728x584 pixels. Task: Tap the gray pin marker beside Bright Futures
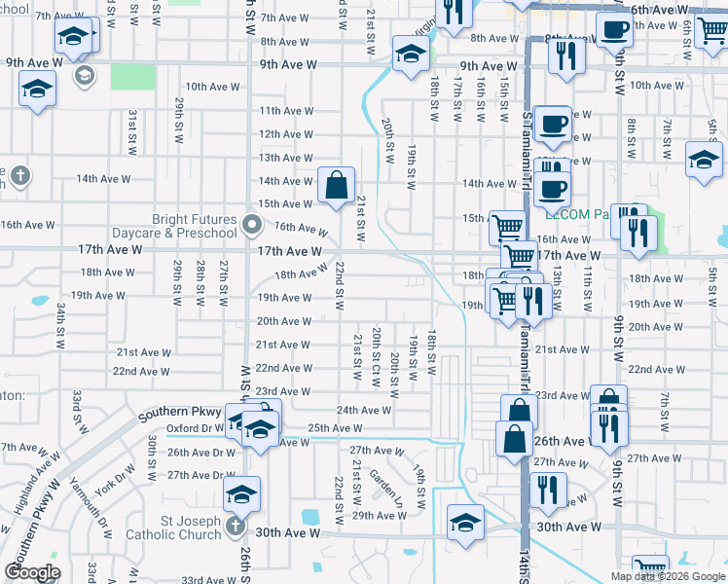click(253, 227)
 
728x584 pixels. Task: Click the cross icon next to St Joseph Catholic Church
click(235, 528)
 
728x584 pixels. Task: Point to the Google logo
click(32, 572)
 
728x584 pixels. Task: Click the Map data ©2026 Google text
click(668, 576)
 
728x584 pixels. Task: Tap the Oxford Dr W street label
click(194, 428)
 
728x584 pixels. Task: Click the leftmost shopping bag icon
click(336, 184)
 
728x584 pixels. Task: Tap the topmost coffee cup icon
click(613, 29)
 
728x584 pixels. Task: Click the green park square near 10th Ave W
click(132, 77)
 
